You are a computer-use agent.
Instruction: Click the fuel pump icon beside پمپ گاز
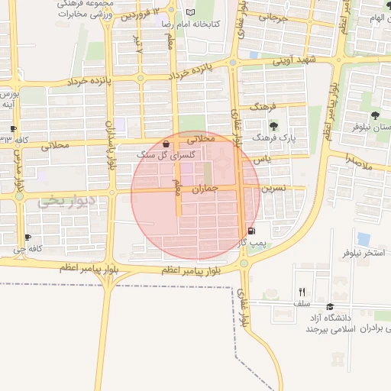(x=251, y=231)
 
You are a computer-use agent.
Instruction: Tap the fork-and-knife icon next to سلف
(x=302, y=292)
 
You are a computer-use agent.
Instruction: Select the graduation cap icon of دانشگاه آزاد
(x=330, y=305)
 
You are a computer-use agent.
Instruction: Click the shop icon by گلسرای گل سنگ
(x=166, y=144)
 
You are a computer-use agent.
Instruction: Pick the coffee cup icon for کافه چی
(x=28, y=238)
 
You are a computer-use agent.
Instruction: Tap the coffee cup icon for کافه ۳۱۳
(x=13, y=128)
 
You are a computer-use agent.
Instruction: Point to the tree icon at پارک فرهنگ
(x=273, y=126)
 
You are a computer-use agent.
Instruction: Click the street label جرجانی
(x=273, y=18)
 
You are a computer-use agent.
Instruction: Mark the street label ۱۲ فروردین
(x=143, y=15)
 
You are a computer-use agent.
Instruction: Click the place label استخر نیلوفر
(x=364, y=251)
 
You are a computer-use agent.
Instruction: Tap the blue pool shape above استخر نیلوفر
(x=364, y=238)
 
